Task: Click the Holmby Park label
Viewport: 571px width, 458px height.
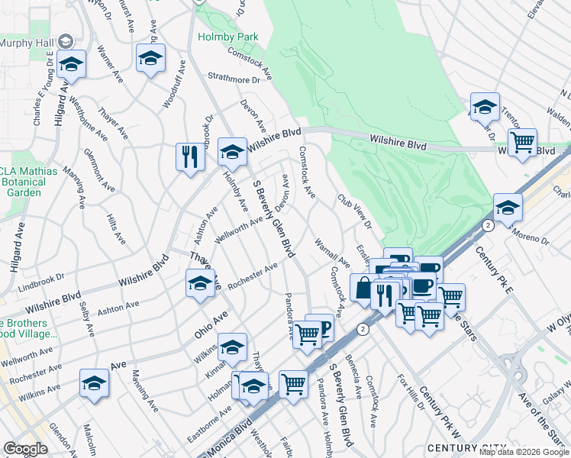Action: [227, 37]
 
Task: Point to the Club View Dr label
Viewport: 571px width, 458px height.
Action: [354, 211]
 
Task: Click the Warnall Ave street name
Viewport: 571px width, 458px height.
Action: [331, 253]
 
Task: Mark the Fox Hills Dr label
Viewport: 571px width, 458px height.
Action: [412, 392]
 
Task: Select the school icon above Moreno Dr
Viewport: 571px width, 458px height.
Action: [508, 207]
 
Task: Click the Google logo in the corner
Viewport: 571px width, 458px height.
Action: [25, 449]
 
